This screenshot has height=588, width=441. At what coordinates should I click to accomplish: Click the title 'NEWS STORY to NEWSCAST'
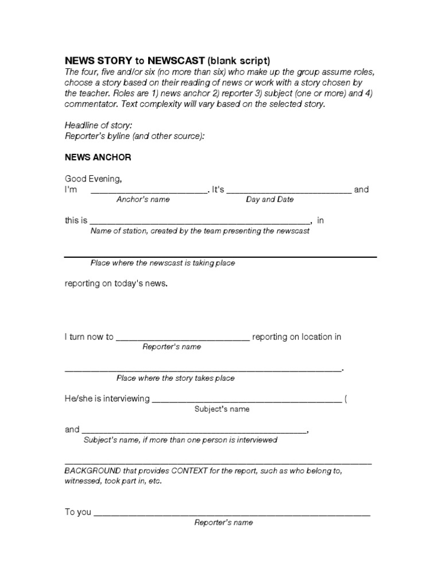134,60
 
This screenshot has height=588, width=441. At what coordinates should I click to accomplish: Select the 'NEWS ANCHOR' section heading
98,157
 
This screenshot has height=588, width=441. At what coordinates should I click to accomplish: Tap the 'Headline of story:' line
98,125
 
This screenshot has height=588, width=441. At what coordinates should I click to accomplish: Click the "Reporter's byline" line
134,136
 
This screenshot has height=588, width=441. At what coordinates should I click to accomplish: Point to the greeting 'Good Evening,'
93,179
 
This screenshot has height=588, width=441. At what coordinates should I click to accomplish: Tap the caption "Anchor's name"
143,200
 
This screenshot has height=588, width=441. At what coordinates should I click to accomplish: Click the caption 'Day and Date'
269,200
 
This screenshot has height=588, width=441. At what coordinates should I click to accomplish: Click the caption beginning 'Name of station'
200,231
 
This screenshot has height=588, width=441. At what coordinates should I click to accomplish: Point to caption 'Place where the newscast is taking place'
163,263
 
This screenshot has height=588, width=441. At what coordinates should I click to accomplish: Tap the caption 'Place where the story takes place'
175,378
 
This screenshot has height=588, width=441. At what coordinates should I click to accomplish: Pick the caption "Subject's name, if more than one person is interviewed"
180,440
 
